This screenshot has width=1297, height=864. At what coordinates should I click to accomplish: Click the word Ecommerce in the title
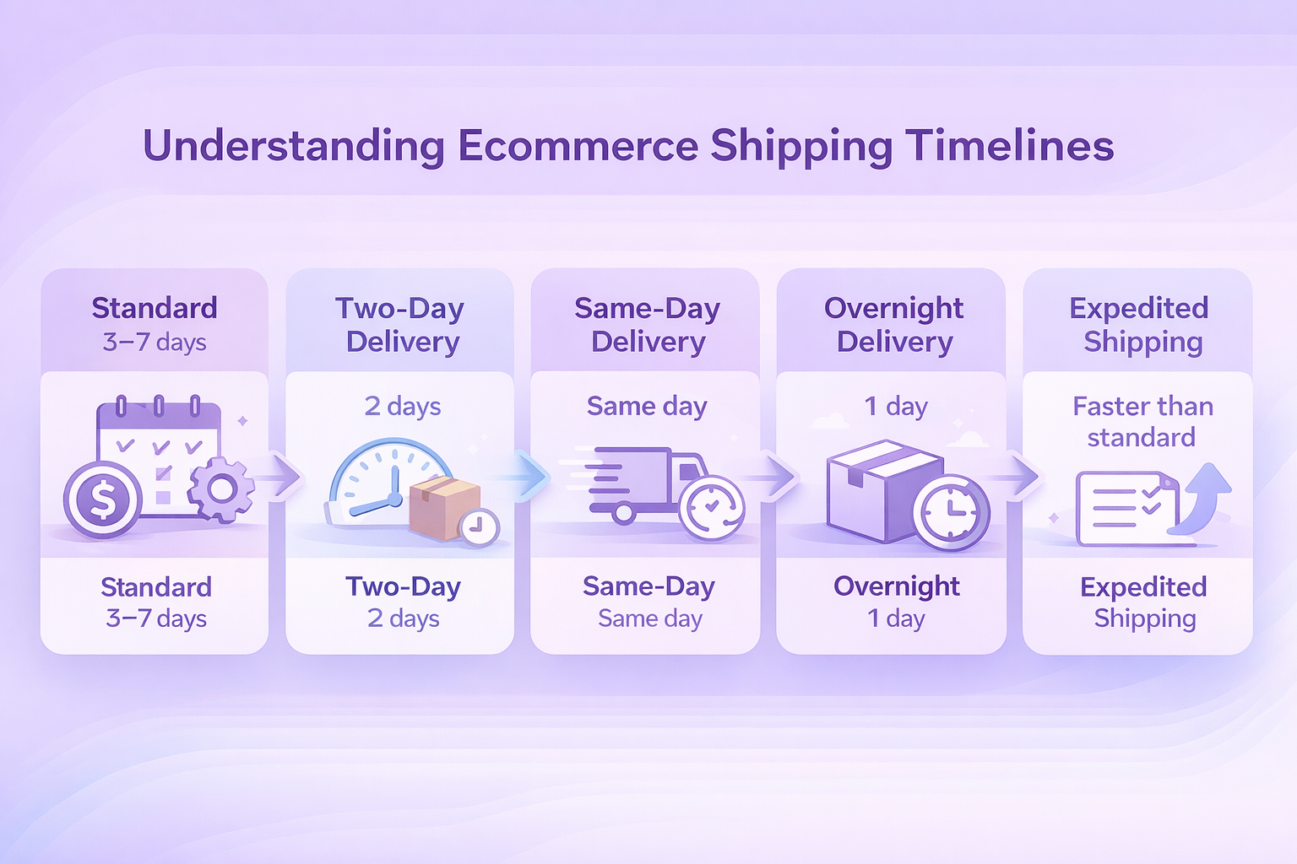(578, 145)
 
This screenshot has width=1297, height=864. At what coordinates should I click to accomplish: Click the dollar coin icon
(102, 499)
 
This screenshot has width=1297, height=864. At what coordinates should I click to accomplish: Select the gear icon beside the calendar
(220, 489)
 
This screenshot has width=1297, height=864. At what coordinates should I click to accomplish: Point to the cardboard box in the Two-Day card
(444, 508)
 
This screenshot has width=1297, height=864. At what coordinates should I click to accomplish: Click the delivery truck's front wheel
(623, 513)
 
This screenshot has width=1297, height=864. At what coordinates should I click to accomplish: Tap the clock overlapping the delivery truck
(712, 508)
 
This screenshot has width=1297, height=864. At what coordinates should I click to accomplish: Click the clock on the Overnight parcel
(951, 511)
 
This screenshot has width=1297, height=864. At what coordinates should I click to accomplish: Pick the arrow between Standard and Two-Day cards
(280, 477)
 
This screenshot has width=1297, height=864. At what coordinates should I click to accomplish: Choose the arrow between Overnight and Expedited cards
(1018, 476)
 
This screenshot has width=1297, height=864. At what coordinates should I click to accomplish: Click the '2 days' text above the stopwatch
(403, 406)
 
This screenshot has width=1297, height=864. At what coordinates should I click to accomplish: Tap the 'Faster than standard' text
(1142, 421)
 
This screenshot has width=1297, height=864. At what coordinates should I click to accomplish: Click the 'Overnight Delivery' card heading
(894, 325)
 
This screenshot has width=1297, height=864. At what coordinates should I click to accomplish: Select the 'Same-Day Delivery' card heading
(648, 325)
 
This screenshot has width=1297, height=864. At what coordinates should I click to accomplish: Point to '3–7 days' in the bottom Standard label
(156, 618)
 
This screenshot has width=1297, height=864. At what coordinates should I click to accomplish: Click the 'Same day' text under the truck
(649, 618)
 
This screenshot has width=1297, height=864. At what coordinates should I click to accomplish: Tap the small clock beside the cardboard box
(480, 527)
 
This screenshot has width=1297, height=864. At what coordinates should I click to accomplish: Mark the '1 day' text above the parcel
(896, 406)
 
